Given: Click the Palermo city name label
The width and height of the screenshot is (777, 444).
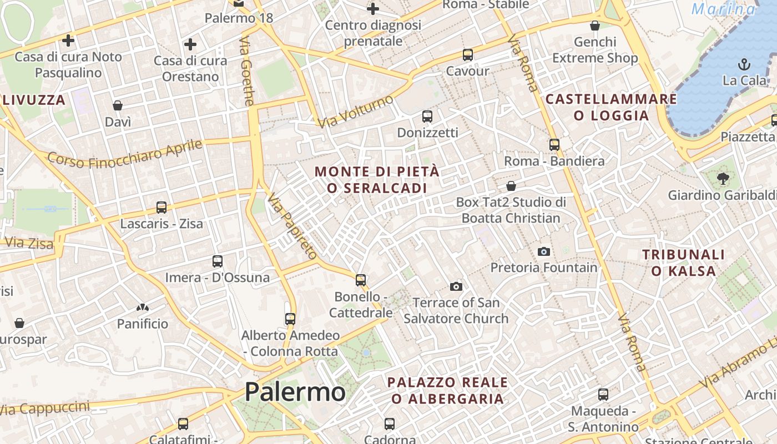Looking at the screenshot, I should (295, 392).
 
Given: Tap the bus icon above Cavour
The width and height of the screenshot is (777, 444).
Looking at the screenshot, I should (468, 55).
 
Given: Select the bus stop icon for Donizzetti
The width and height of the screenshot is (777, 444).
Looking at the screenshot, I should (427, 117).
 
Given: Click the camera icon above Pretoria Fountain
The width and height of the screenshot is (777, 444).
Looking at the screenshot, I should (544, 251).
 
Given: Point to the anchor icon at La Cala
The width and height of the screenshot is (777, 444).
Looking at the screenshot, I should (744, 64).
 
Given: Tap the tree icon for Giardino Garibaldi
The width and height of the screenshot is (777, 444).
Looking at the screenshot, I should (723, 178).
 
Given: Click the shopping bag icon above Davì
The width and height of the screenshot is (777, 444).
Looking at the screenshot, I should (118, 105).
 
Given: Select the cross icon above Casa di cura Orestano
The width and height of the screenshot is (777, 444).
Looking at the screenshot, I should (190, 44).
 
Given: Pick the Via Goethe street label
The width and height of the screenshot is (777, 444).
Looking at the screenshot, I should (247, 71).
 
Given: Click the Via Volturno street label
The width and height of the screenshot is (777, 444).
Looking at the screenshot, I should (356, 111).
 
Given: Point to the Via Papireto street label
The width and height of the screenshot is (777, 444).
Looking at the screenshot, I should (291, 226).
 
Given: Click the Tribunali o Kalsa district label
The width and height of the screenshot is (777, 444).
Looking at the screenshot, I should (684, 263).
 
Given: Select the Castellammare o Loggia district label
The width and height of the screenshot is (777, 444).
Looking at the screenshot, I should (612, 107).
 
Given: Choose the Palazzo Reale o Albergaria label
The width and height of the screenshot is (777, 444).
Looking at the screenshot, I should (447, 390).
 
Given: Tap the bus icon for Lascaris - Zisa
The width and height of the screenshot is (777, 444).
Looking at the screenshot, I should (162, 208).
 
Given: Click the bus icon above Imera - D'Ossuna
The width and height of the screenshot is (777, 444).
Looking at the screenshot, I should (218, 261).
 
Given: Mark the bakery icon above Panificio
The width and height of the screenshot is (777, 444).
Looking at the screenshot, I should (143, 307).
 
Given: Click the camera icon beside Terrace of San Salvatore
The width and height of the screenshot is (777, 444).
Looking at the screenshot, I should (456, 286).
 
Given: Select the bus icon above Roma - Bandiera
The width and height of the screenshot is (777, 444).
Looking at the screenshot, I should (554, 145).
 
